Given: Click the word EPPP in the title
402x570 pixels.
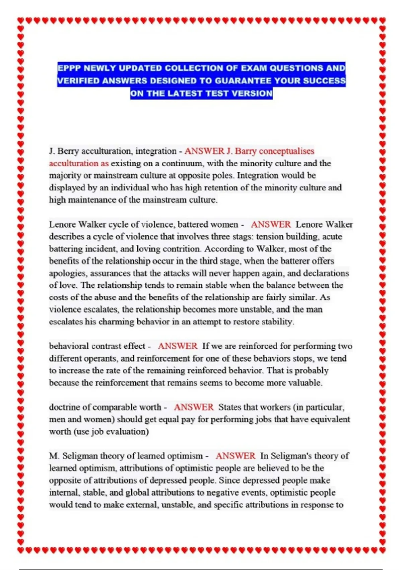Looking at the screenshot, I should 69,68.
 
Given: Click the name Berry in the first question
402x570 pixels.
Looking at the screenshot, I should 68,151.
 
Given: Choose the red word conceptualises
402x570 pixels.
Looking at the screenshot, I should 286,151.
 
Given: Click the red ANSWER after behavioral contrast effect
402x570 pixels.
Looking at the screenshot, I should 178,346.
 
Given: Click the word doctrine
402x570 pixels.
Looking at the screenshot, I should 65,407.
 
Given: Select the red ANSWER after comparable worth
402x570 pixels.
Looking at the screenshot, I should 194,407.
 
